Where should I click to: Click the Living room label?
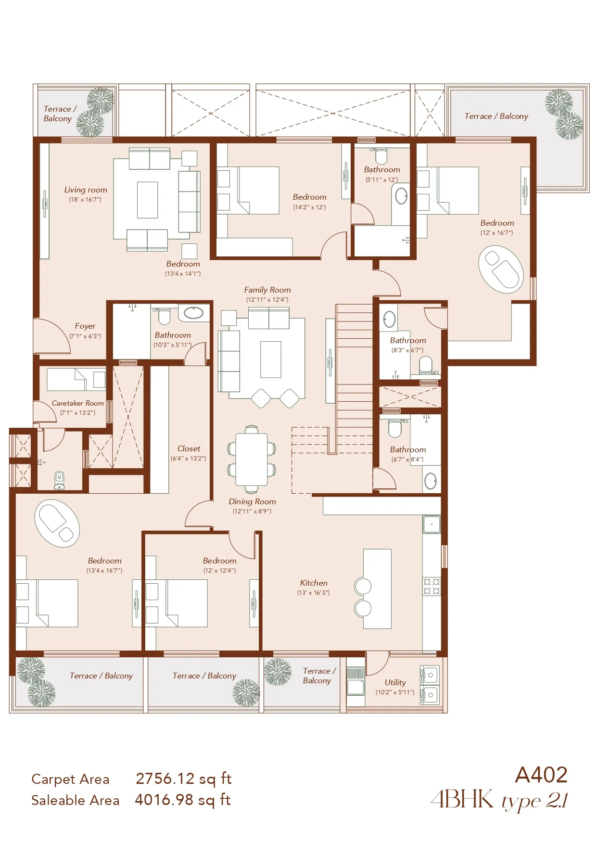pyautogui.click(x=86, y=190)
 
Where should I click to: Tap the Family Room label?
pyautogui.click(x=267, y=290)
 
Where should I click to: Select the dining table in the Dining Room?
pyautogui.click(x=252, y=460)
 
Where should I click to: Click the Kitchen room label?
pyautogui.click(x=314, y=583)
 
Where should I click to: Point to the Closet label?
pyautogui.click(x=189, y=448)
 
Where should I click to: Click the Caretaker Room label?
pyautogui.click(x=77, y=403)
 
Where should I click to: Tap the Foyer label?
pyautogui.click(x=85, y=326)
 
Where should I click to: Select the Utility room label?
pyautogui.click(x=395, y=682)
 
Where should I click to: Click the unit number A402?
pyautogui.click(x=541, y=775)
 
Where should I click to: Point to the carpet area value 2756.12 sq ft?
pyautogui.click(x=184, y=779)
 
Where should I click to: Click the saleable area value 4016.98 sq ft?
pyautogui.click(x=183, y=800)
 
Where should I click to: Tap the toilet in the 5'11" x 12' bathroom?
pyautogui.click(x=381, y=156)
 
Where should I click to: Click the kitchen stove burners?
pyautogui.click(x=432, y=587)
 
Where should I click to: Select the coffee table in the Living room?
pyautogui.click(x=147, y=200)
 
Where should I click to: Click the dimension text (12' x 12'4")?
pyautogui.click(x=219, y=571)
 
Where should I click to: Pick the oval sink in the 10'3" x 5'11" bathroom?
pyautogui.click(x=194, y=313)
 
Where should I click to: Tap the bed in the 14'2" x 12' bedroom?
pyautogui.click(x=248, y=191)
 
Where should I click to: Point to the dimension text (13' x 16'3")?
pyautogui.click(x=314, y=593)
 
